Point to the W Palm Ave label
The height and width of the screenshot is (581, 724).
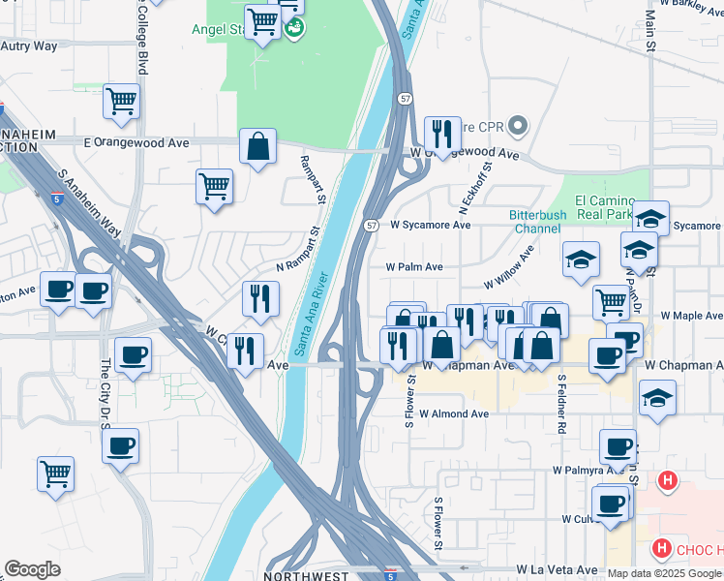point(414,266)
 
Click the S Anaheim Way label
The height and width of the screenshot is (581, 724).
point(90,202)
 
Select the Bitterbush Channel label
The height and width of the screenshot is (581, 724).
point(535,222)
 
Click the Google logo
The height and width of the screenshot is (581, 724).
point(32,569)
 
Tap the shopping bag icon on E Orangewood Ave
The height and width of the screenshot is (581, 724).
point(258,147)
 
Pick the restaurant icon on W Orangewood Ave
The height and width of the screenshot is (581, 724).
point(442,135)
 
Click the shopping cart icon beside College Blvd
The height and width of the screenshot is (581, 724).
point(121,102)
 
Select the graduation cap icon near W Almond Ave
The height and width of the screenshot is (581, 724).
point(657,398)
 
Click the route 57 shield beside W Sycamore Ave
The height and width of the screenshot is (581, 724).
point(372,225)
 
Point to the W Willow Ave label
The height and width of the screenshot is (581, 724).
point(510,268)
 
